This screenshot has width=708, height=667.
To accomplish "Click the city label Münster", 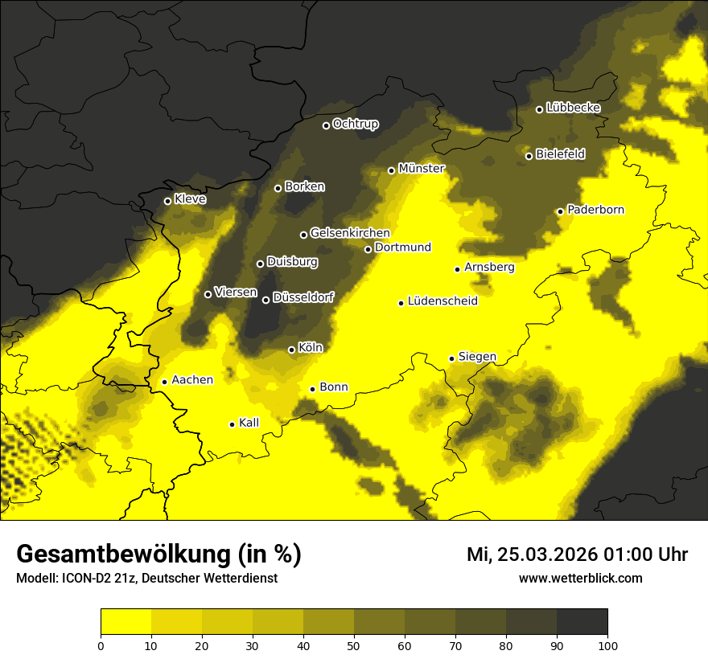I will [x=422, y=169].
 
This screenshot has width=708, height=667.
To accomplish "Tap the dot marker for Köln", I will [x=291, y=350].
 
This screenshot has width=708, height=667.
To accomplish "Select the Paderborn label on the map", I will [x=595, y=210].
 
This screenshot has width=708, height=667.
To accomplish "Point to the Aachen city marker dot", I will [x=164, y=382].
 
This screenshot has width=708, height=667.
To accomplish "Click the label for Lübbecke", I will [x=573, y=108].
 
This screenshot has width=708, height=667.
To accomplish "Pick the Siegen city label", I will [x=477, y=357].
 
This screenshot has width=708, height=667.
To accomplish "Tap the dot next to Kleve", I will [x=167, y=201].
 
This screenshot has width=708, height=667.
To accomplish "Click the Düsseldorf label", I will [x=303, y=297].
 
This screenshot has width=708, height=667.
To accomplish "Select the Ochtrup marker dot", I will [x=326, y=125].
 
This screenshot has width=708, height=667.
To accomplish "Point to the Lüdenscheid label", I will [x=442, y=301].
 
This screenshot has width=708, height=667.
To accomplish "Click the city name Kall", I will [x=249, y=423].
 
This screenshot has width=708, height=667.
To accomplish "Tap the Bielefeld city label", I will [x=560, y=153].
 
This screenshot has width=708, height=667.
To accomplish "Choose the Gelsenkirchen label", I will [x=350, y=233].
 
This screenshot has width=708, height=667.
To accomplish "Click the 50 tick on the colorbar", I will [x=354, y=644].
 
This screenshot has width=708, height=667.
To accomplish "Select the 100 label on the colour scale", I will [x=607, y=644].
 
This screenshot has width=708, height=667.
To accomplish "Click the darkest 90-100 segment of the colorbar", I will [x=582, y=622].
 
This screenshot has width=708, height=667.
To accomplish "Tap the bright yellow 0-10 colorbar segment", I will [x=126, y=622].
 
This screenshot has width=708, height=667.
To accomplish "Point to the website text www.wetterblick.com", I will [x=580, y=579].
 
